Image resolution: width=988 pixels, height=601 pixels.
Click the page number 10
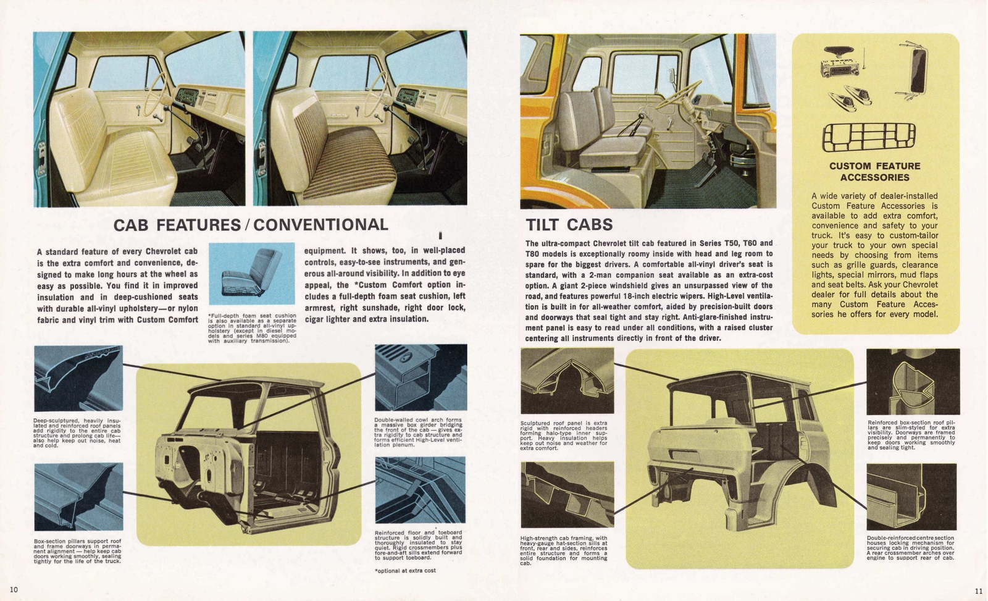(14, 589)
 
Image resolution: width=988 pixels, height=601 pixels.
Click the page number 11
(978, 591)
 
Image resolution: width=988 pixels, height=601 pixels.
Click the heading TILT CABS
(569, 224)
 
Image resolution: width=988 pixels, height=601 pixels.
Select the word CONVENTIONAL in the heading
(320, 224)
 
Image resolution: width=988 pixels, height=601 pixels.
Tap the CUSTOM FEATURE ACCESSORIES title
(874, 172)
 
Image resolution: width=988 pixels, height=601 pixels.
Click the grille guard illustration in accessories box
(869, 137)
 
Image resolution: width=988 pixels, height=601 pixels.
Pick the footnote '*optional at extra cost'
(404, 570)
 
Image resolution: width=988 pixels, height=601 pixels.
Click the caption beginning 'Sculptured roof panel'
(564, 435)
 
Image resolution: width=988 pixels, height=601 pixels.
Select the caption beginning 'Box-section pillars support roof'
(77, 551)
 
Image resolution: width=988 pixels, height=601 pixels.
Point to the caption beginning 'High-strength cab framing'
(564, 550)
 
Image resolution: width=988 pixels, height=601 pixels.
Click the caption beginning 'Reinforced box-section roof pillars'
(911, 435)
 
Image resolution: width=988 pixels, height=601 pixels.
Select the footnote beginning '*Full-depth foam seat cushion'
(252, 328)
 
